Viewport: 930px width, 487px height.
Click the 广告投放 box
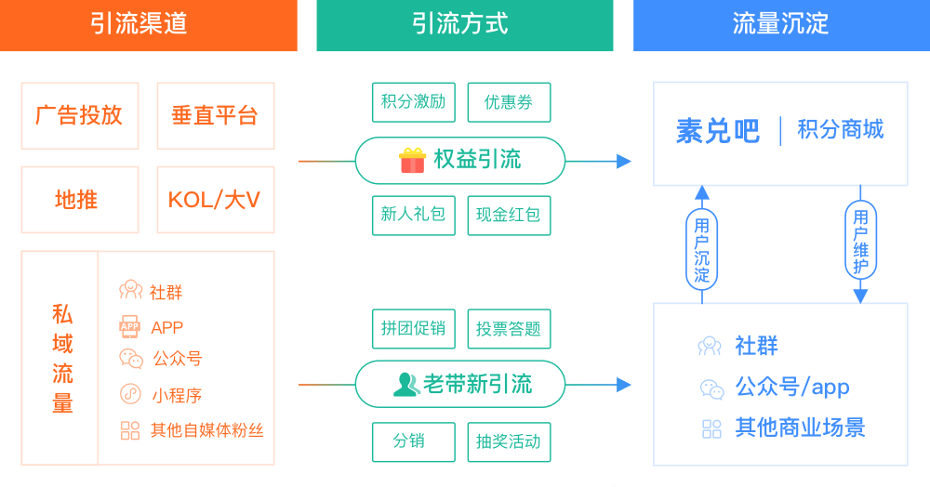(x=79, y=116)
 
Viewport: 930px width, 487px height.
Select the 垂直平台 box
(x=215, y=116)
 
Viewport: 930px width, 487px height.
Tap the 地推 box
(x=79, y=200)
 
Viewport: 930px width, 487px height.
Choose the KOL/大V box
(x=215, y=200)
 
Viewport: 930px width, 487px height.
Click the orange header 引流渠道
(x=149, y=24)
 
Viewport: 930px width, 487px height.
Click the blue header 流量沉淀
(x=780, y=24)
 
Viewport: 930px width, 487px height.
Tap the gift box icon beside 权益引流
(x=412, y=160)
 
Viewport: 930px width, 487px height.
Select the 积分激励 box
(x=414, y=102)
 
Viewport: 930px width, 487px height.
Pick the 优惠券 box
(x=509, y=102)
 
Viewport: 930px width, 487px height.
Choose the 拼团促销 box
(x=414, y=328)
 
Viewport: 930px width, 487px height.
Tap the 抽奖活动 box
(x=509, y=441)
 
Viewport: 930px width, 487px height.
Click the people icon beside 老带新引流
(x=406, y=384)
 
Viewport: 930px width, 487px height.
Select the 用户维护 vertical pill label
(x=860, y=241)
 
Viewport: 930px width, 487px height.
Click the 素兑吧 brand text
(x=717, y=131)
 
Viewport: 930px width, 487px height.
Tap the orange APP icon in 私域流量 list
(x=129, y=326)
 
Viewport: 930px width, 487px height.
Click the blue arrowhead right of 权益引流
(x=623, y=161)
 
